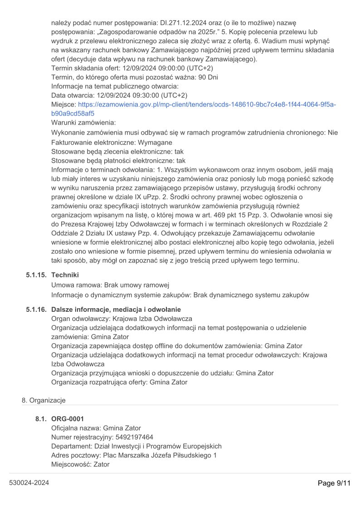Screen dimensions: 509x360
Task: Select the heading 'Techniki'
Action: [x=65, y=275]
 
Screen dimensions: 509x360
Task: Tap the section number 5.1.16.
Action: [x=36, y=310]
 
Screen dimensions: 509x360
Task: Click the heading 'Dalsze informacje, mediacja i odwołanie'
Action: [x=116, y=310]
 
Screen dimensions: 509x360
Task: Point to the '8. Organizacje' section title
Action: [x=44, y=400]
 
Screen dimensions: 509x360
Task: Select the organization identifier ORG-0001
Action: [x=68, y=419]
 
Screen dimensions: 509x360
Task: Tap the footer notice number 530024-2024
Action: [x=29, y=483]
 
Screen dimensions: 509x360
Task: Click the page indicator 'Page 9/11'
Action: [x=335, y=483]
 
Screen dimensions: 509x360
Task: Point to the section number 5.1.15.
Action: [x=36, y=275]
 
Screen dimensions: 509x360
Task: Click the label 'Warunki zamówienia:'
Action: [x=84, y=123]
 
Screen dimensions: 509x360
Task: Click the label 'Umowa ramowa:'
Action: [x=77, y=286]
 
